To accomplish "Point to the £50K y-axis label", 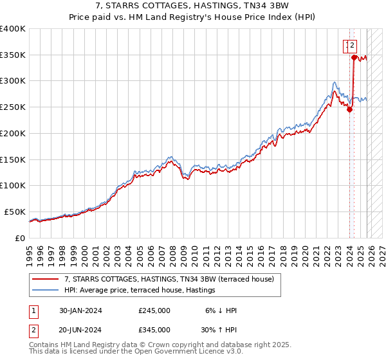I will (x=14, y=212).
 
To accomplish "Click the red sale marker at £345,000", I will (x=354, y=57).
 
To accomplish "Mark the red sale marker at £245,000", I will (x=349, y=109).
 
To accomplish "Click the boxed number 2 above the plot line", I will (x=353, y=45).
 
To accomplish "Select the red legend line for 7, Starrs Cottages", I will (x=46, y=279).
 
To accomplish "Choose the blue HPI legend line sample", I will (x=46, y=290).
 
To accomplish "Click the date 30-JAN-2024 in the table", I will (x=80, y=310).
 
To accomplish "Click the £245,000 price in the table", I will (x=154, y=310).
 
